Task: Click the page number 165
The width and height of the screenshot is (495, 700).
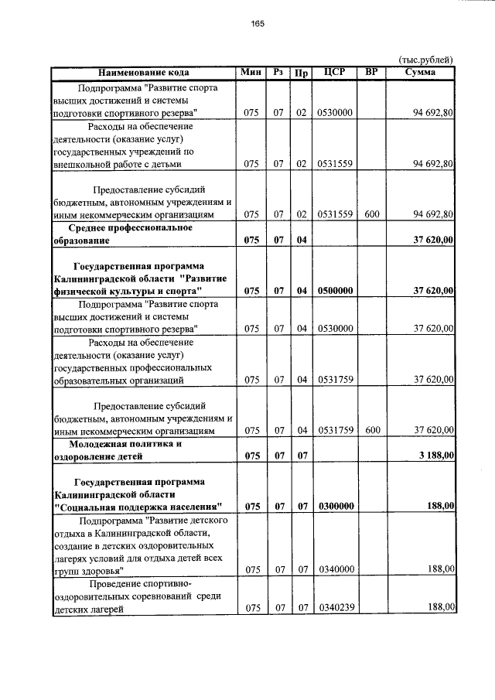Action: coord(258,24)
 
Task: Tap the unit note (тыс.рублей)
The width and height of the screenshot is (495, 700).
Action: coord(425,60)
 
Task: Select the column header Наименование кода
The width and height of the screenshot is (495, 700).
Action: coord(144,73)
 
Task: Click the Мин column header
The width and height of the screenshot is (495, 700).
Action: coord(251,73)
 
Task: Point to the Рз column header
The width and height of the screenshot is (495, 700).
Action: coord(278,73)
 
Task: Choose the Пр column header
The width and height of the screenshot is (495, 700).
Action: coord(301,73)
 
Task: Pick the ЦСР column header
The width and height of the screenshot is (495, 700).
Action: coord(335,73)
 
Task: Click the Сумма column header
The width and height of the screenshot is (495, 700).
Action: coord(420,73)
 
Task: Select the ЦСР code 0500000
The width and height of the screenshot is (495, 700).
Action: coord(335,290)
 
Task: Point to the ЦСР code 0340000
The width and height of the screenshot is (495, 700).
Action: coord(335,569)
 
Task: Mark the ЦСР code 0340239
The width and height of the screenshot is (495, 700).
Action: coord(335,608)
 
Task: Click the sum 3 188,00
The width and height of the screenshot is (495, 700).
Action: coord(436,456)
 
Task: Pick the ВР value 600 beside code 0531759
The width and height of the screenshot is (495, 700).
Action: coord(372,430)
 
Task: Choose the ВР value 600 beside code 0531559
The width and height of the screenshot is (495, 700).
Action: coord(372,214)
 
